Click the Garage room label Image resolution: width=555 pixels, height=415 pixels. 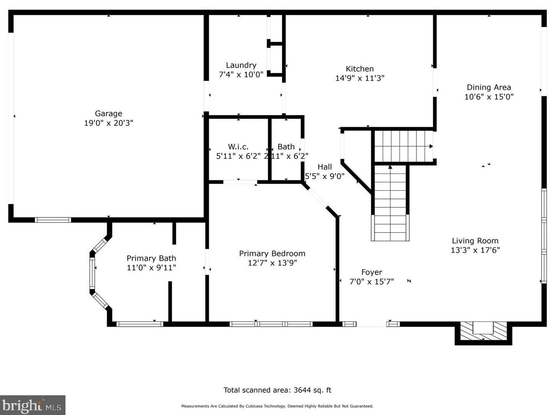[109, 114]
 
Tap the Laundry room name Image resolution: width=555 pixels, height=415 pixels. [241, 65]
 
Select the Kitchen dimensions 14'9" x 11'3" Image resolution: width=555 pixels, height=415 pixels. [360, 78]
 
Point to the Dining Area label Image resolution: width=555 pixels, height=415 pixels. [489, 87]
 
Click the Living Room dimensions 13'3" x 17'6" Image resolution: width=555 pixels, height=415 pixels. [475, 250]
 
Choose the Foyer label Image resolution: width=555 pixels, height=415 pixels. [372, 273]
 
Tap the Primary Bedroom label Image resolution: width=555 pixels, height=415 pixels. [272, 254]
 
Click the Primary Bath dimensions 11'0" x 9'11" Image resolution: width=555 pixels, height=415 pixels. [151, 267]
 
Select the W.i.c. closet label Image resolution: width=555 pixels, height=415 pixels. [238, 147]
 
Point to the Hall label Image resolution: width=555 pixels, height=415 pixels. [325, 167]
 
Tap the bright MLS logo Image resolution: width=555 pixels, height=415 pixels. [33, 405]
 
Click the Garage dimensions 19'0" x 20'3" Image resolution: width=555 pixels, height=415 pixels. [109, 123]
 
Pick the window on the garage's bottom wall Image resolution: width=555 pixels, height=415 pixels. [53, 220]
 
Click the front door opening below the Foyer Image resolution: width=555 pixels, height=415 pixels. [371, 324]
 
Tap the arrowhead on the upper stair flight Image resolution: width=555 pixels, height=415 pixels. [431, 146]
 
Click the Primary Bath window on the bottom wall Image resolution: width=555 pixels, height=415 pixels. [140, 324]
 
